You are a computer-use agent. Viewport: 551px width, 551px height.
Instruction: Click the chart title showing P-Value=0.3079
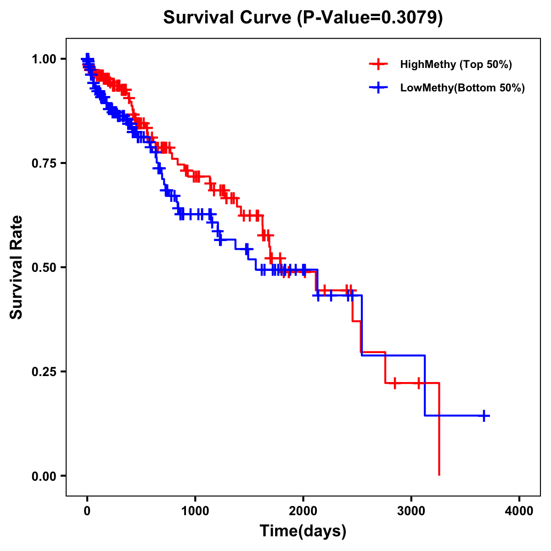coord(303,18)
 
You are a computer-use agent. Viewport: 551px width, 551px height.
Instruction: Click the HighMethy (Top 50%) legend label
coord(456,64)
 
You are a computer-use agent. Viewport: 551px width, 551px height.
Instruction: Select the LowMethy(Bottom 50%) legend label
coord(462,88)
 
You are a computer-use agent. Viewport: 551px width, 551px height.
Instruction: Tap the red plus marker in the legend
coord(378,64)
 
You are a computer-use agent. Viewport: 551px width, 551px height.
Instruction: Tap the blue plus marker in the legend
coord(378,88)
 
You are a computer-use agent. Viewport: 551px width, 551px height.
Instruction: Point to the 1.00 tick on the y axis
coord(44,59)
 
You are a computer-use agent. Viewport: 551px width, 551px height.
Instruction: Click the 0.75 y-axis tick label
coord(44,163)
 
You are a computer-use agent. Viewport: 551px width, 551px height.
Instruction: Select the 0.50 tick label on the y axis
coord(44,267)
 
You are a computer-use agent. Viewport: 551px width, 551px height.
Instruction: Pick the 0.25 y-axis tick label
coord(44,371)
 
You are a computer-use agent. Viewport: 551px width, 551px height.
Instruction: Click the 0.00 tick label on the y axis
coord(44,476)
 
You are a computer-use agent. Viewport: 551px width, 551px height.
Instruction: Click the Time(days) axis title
coord(303,531)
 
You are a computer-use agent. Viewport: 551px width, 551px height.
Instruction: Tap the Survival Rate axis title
coord(17,267)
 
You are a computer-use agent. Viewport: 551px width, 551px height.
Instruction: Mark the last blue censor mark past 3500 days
coord(484,416)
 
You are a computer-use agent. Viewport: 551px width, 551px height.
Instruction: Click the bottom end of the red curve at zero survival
coord(439,474)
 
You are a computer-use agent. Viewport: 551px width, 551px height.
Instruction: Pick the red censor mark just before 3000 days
coord(394,383)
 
